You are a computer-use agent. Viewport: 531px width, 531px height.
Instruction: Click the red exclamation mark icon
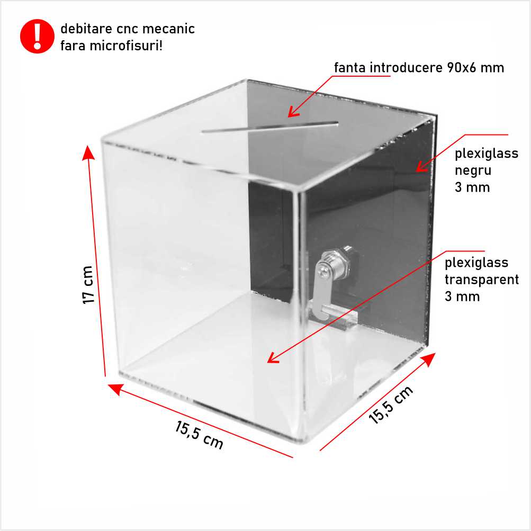coord(37,36)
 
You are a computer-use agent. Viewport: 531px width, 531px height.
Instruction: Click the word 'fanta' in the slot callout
coord(350,68)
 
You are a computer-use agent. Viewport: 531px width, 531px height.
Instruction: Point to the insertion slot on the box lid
coord(270,127)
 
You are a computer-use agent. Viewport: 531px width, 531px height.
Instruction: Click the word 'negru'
coord(473,171)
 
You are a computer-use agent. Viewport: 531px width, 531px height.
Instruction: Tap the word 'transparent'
coord(482,280)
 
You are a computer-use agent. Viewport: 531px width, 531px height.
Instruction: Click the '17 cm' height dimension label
coord(88,285)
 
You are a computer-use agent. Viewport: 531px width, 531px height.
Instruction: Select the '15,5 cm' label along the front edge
coord(199,435)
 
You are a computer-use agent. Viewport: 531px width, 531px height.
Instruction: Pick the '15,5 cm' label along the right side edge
coord(391,404)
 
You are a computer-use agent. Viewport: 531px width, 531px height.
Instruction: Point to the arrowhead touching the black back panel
coord(421,166)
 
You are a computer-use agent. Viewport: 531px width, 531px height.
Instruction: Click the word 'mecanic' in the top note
coord(168,29)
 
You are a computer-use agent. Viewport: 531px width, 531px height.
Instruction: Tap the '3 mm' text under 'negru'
coord(472,187)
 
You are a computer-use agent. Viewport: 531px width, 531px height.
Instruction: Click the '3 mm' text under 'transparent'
coord(462,296)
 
